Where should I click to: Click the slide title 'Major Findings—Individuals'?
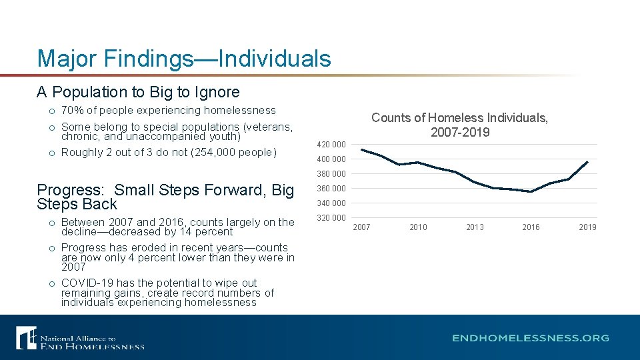(x=184, y=59)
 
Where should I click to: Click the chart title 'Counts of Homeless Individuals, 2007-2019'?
(x=459, y=125)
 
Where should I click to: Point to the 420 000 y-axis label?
(x=331, y=145)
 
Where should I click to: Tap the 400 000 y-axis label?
(x=331, y=159)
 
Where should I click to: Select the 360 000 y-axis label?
(x=331, y=189)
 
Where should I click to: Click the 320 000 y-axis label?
(x=331, y=218)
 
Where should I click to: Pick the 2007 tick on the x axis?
(x=361, y=227)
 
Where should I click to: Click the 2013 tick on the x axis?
(x=475, y=227)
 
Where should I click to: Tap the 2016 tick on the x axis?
(x=531, y=227)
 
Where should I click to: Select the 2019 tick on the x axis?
(x=587, y=227)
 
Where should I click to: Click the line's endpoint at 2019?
(x=587, y=161)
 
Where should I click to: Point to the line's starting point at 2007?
(x=361, y=149)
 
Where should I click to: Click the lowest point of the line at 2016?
(x=531, y=191)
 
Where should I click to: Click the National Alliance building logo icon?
(x=26, y=337)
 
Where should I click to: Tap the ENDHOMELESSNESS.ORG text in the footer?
(x=530, y=338)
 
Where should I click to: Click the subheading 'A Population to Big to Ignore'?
(x=138, y=92)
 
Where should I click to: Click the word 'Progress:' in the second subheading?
(x=72, y=190)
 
